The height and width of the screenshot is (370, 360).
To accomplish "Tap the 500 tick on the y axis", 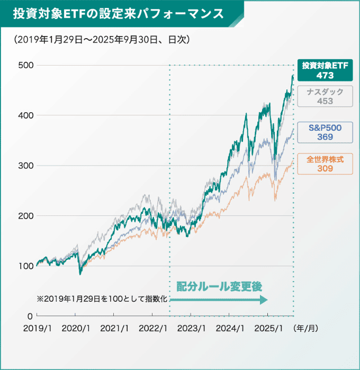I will (x=24, y=65).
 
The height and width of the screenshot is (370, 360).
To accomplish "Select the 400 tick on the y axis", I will (x=24, y=115).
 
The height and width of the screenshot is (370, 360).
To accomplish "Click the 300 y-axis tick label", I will (x=24, y=166).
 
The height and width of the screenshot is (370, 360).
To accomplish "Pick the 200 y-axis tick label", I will (x=24, y=216).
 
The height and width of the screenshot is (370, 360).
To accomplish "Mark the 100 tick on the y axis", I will (x=24, y=266).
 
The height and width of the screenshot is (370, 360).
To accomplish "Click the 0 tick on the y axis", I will (x=30, y=316).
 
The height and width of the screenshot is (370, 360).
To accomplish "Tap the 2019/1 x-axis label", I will (x=37, y=328).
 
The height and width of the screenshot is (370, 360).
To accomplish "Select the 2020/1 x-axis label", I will (x=76, y=328).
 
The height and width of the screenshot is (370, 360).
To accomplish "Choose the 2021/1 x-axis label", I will (x=114, y=328).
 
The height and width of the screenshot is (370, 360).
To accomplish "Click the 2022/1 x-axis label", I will (x=153, y=328).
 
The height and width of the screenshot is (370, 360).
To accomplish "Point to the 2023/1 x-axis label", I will (x=192, y=328).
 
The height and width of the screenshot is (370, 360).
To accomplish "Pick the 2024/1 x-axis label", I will (x=230, y=328).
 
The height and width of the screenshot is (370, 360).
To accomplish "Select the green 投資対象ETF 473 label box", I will (x=325, y=70).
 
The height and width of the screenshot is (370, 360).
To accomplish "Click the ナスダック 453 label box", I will (x=325, y=96).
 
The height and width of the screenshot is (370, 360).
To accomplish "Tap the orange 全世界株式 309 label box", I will (x=325, y=164).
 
